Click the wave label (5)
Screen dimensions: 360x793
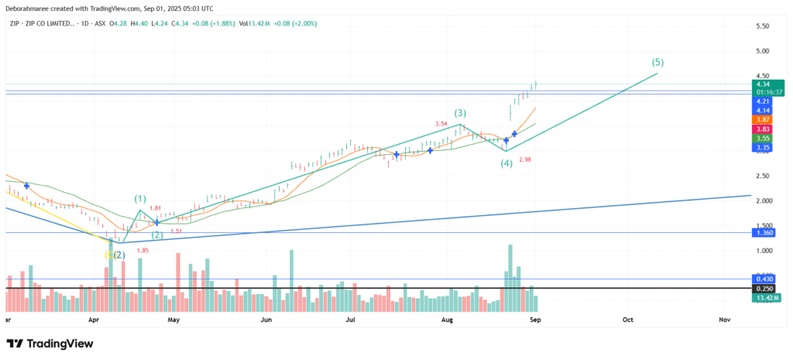tap(657, 62)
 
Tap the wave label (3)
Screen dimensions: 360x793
tap(460, 113)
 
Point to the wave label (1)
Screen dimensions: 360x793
tap(140, 198)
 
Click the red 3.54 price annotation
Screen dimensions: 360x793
tap(441, 124)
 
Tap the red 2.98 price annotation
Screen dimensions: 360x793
tap(525, 159)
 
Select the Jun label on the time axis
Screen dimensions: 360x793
tap(266, 319)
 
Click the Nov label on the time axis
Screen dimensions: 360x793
tap(725, 319)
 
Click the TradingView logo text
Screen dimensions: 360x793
tap(66, 344)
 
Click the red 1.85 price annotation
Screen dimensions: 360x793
tap(142, 250)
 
